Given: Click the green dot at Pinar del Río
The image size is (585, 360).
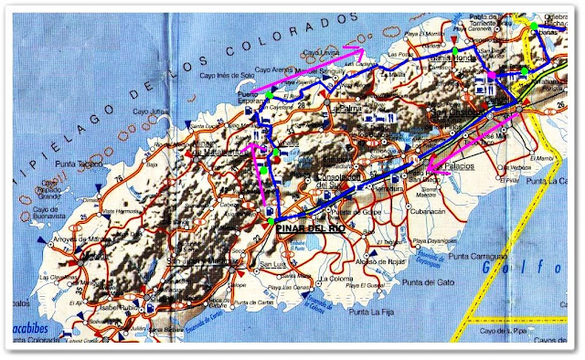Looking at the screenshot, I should [271, 220].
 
